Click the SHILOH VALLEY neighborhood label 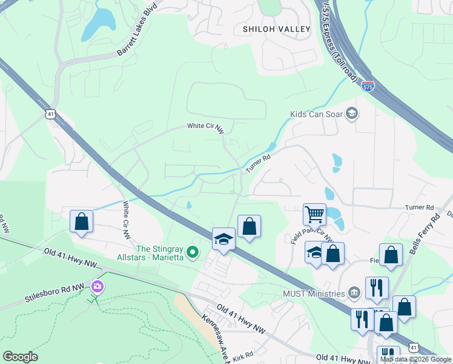[x=276, y=29]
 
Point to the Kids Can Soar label [x=316, y=113]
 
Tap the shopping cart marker [x=314, y=214]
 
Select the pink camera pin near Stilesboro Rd [x=96, y=286]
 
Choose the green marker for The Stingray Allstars [x=193, y=251]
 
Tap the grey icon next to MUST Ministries [x=354, y=294]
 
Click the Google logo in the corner [x=20, y=357]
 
